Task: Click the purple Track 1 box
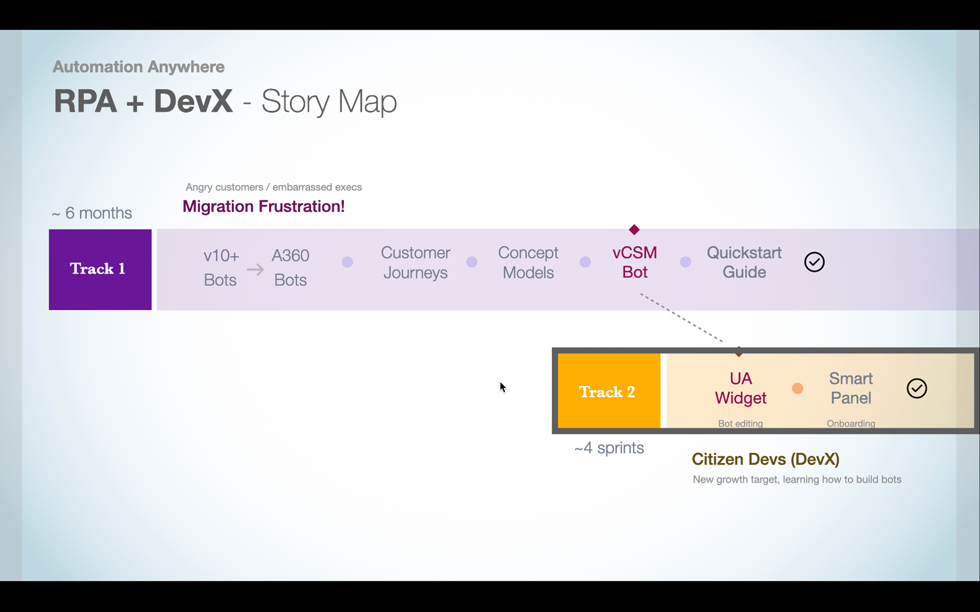tap(100, 269)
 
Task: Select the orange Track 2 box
tap(609, 391)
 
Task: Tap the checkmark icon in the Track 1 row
tap(814, 262)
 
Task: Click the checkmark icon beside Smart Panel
tap(917, 389)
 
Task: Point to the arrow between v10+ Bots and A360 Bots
tap(255, 269)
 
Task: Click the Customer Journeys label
tap(415, 263)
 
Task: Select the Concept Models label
tap(528, 263)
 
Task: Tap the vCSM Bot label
tap(634, 262)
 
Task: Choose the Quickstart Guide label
tap(744, 262)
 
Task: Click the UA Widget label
tap(741, 388)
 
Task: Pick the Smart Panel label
tap(851, 388)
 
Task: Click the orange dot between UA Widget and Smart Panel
tap(797, 389)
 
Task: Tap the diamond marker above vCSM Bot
tap(634, 229)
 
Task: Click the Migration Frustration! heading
tap(263, 207)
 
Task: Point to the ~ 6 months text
tap(92, 213)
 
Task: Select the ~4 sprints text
tap(609, 448)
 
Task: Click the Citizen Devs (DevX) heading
tap(766, 459)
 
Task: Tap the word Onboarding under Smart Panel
tap(851, 423)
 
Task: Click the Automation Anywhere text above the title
tap(138, 67)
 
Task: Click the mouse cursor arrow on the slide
tap(503, 388)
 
